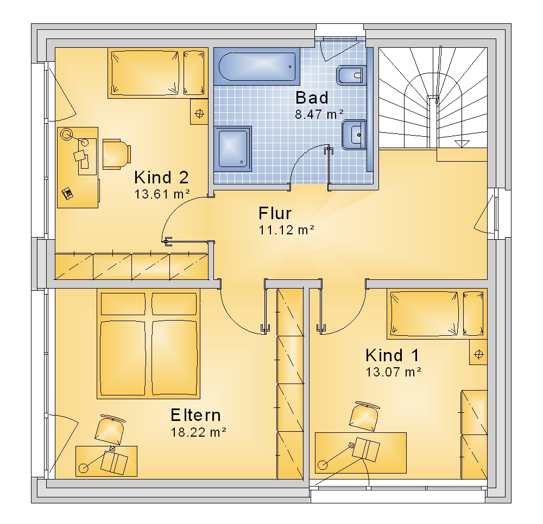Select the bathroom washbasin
[354, 135]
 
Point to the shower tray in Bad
[233, 149]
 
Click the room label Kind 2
[161, 177]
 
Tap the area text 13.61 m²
[162, 194]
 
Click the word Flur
[275, 213]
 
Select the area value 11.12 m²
[286, 230]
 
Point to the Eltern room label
[195, 415]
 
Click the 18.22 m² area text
[198, 432]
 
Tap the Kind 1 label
[393, 355]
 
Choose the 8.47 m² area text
[319, 114]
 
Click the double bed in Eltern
[149, 344]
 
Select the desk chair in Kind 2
[117, 154]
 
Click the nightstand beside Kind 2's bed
[199, 111]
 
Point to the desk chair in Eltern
[110, 430]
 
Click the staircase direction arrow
[462, 144]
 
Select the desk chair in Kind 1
[364, 417]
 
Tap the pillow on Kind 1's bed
[473, 314]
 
